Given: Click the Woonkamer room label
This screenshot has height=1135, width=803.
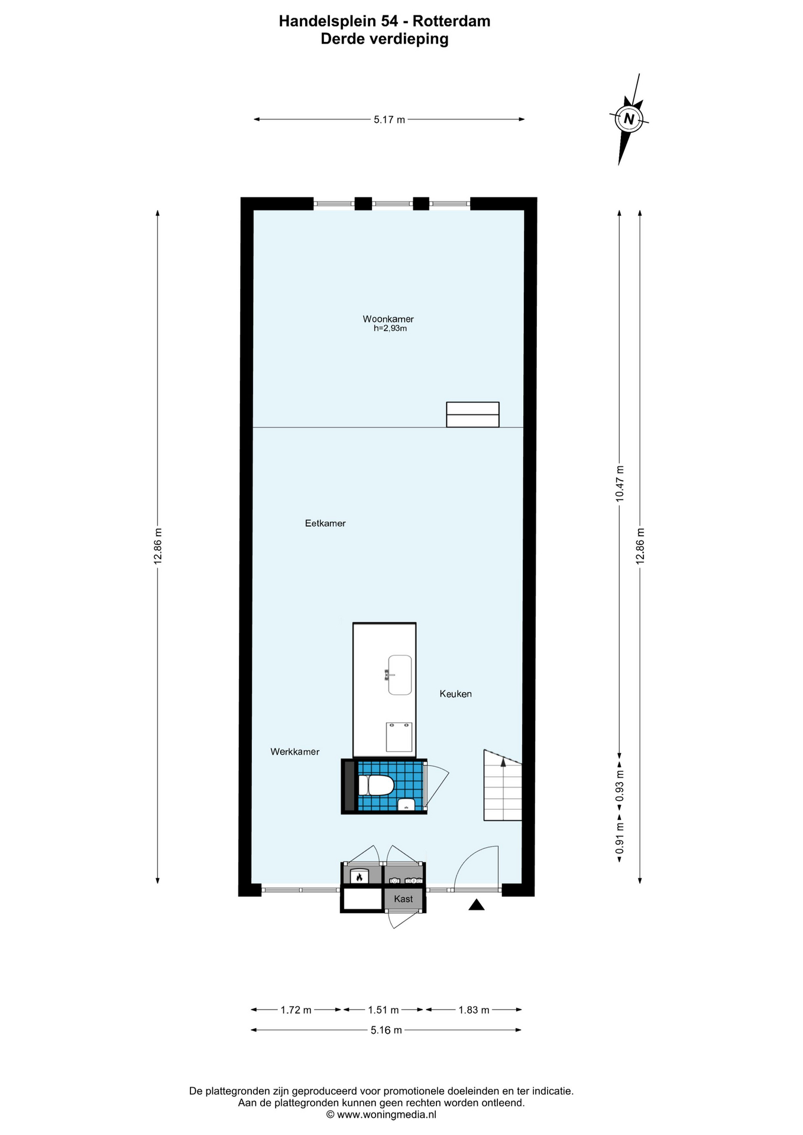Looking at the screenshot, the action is (x=388, y=319).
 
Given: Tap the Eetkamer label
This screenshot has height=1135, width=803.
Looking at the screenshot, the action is (x=325, y=523).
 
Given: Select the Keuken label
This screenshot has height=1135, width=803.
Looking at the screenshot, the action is (x=455, y=694).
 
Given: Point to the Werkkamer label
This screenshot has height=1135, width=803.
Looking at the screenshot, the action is (x=295, y=752).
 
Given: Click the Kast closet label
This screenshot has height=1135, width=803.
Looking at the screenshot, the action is (x=403, y=899).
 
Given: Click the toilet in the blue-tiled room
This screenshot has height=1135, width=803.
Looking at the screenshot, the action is (x=377, y=786).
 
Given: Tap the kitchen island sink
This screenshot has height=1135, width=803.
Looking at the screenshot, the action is (x=400, y=674).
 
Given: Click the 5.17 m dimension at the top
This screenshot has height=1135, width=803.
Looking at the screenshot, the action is (x=389, y=119).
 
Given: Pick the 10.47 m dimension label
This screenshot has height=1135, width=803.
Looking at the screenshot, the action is (x=620, y=484).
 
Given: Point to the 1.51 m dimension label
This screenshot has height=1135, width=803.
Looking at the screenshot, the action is (x=383, y=1010).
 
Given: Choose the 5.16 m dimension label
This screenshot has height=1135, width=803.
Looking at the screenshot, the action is (x=386, y=1030).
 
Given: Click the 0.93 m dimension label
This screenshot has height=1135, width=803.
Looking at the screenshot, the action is (x=620, y=786).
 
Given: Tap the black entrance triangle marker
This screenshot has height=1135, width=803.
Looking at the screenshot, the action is (x=477, y=905).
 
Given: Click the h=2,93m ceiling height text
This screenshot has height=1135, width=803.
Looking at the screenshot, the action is (x=390, y=329).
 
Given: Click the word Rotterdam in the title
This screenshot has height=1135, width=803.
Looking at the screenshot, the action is (x=451, y=21).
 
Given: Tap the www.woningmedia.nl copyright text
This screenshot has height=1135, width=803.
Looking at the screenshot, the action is (x=381, y=1114).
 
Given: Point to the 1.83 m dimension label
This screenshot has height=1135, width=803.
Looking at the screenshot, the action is (x=474, y=1010).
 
